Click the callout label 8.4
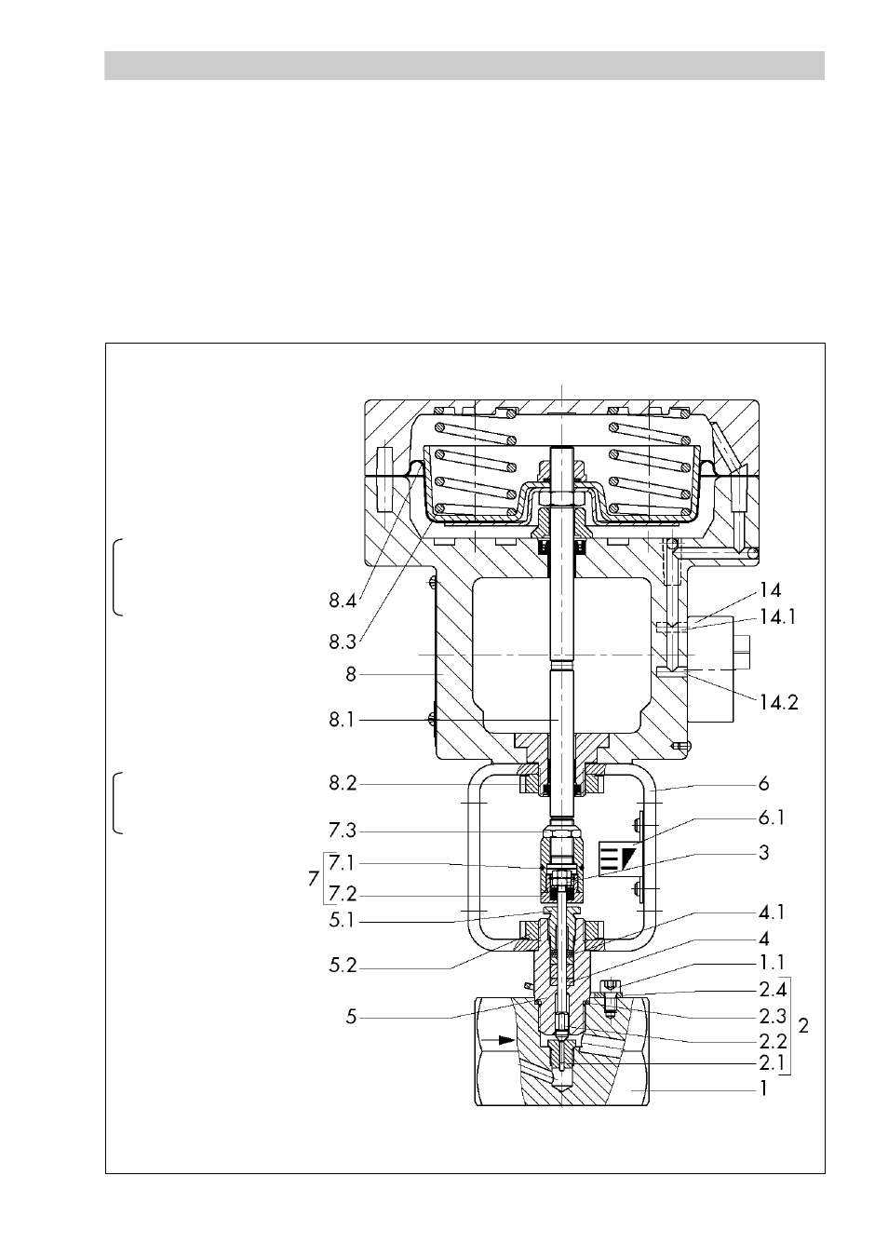pos(343,601)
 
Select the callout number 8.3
pos(343,642)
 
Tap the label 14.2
pos(778,702)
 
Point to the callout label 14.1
pos(777,617)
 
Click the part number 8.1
pos(342,720)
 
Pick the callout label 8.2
pos(343,783)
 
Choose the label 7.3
pos(343,831)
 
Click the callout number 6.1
pos(772,818)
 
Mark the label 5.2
pos(343,966)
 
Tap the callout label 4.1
pos(772,912)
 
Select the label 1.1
pos(772,963)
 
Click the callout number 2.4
pos(773,991)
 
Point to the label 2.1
pos(773,1063)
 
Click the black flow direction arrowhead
pos(507,1040)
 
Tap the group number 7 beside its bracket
pos(314,879)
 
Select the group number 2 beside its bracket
pos(803,1026)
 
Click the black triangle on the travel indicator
pos(625,857)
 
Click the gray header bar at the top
pos(464,66)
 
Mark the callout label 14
pos(770,590)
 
